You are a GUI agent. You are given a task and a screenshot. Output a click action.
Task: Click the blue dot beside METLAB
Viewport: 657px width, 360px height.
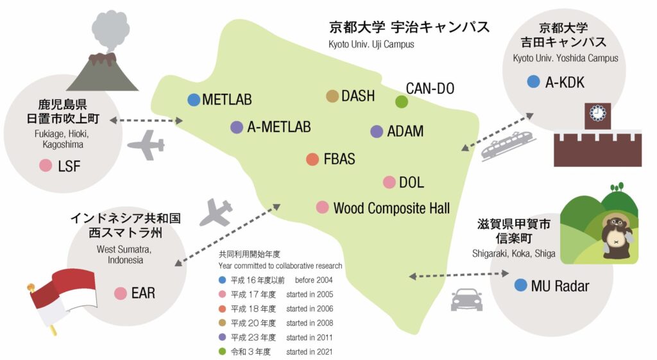tap(194, 99)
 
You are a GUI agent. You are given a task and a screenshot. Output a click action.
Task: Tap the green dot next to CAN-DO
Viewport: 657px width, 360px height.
tap(402, 101)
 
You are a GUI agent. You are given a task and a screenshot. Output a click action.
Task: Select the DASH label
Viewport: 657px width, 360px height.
tap(358, 96)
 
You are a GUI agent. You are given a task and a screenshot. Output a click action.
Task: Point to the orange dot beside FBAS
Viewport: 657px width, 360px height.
tap(312, 159)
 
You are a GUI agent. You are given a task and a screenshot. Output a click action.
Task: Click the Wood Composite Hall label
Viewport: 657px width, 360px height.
tap(391, 208)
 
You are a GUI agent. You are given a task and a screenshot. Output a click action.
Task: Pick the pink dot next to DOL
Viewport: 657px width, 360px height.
tap(389, 182)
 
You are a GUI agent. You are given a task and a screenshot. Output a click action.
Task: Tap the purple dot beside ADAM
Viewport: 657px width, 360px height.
tap(377, 132)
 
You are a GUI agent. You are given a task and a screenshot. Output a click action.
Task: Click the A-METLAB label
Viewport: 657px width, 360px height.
tap(279, 127)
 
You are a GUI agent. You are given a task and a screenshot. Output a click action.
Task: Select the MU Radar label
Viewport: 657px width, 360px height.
tap(559, 286)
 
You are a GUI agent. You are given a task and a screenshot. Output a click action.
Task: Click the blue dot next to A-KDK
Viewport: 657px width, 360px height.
tap(533, 81)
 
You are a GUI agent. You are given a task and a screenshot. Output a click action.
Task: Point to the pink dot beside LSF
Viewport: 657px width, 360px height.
tap(46, 166)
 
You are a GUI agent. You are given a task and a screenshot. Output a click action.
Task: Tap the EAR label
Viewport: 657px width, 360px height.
tap(143, 293)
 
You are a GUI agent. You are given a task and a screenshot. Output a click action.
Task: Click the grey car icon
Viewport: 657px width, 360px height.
tap(467, 299)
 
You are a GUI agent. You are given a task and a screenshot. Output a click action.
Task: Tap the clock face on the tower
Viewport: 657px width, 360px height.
tap(597, 114)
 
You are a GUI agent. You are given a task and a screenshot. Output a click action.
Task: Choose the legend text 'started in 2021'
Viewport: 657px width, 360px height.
tap(309, 352)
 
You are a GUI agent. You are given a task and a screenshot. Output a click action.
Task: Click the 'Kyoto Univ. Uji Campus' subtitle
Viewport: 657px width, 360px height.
tap(371, 44)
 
